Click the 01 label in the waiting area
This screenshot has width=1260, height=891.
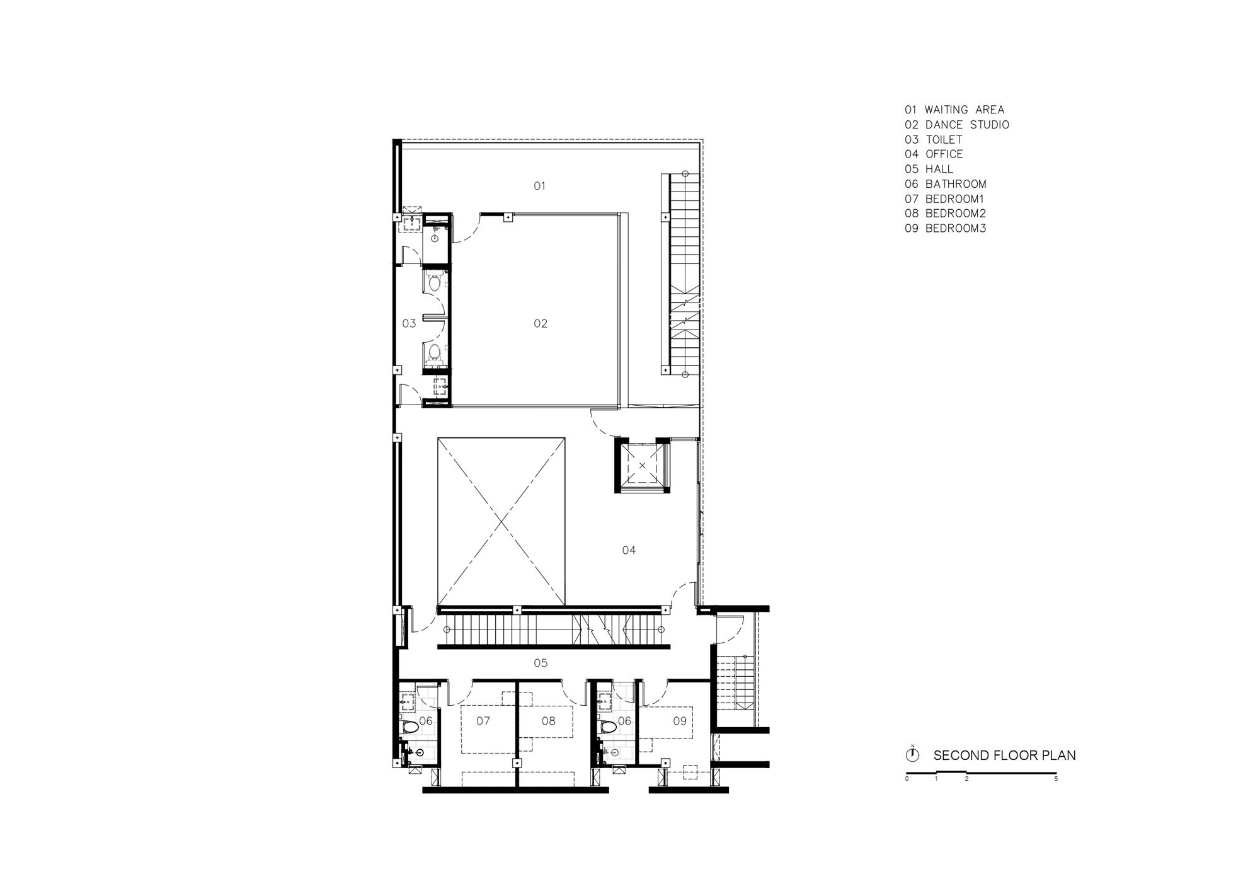click(x=539, y=186)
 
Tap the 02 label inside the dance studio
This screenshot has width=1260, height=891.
click(x=541, y=324)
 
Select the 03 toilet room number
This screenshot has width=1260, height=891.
click(x=409, y=324)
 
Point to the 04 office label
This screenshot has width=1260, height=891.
click(x=629, y=551)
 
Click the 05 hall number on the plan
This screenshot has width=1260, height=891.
click(x=541, y=663)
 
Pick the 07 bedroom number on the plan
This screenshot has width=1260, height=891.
click(x=483, y=721)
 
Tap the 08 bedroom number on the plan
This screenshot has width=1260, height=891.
click(x=549, y=721)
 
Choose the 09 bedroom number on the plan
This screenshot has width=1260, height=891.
click(x=680, y=721)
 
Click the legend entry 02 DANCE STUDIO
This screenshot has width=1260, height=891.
click(x=957, y=125)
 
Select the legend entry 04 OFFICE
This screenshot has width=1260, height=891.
click(x=934, y=154)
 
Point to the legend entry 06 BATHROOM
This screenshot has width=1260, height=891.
click(x=946, y=184)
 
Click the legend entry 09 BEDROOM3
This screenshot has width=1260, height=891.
click(x=946, y=229)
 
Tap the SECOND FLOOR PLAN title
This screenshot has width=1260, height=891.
click(x=1005, y=756)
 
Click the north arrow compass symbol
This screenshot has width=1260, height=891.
click(x=912, y=754)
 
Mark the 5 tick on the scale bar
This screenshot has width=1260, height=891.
click(x=1056, y=779)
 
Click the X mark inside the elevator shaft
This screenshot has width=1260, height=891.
click(x=642, y=466)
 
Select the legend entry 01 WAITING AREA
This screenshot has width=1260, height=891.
click(x=954, y=110)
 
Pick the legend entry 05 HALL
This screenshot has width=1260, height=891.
click(x=929, y=170)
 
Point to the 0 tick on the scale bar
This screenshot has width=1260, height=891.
click(x=907, y=779)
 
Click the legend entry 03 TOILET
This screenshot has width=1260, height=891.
click(x=934, y=140)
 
